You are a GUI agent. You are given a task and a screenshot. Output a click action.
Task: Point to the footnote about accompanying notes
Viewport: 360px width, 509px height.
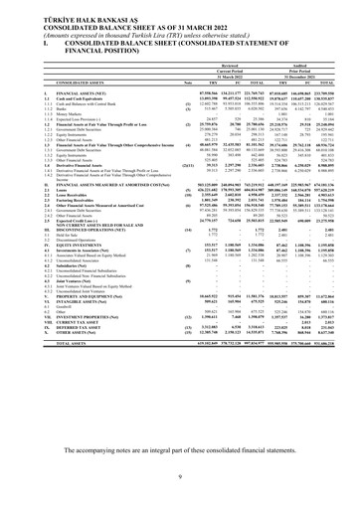(180, 449)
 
